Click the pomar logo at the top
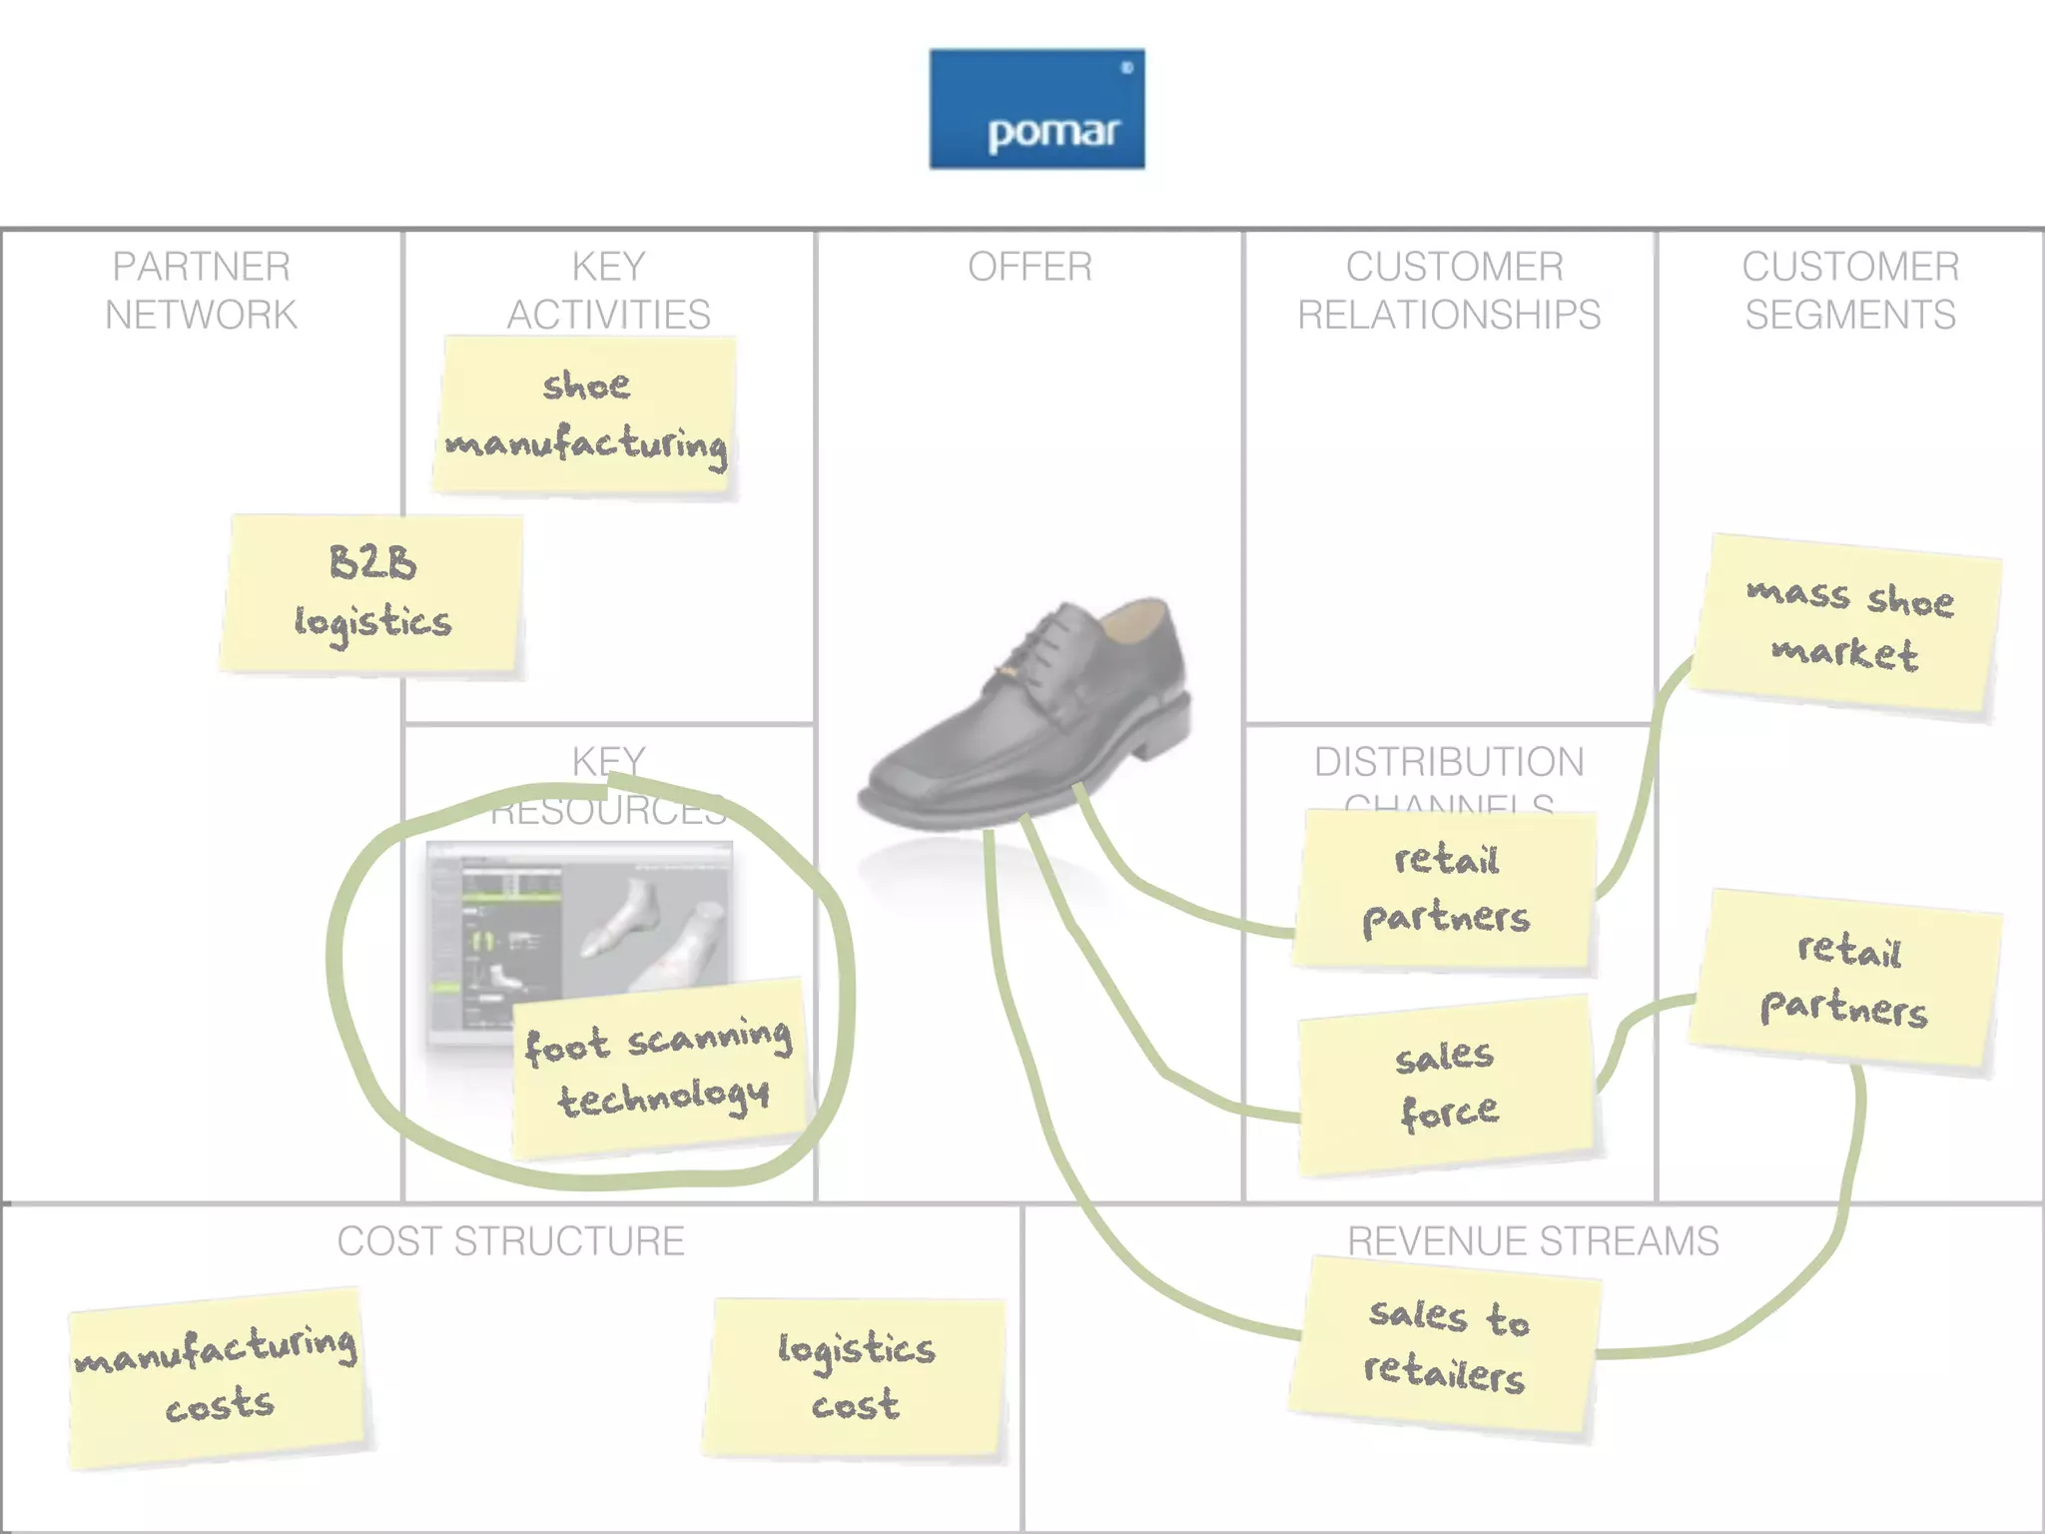point(1036,109)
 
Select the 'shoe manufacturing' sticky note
point(586,415)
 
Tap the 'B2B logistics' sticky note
point(372,594)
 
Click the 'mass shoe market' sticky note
point(1847,625)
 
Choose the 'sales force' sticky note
point(1446,1085)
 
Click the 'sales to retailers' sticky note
point(1446,1344)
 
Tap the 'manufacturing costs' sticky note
point(217,1376)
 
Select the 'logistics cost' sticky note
point(855,1376)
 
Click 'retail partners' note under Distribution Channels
point(1446,889)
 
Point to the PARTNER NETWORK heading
point(201,291)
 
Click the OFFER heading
point(1029,267)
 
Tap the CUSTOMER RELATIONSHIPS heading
point(1450,291)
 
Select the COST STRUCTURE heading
point(510,1241)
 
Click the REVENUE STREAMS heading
point(1533,1241)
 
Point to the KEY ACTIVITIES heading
point(608,291)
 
